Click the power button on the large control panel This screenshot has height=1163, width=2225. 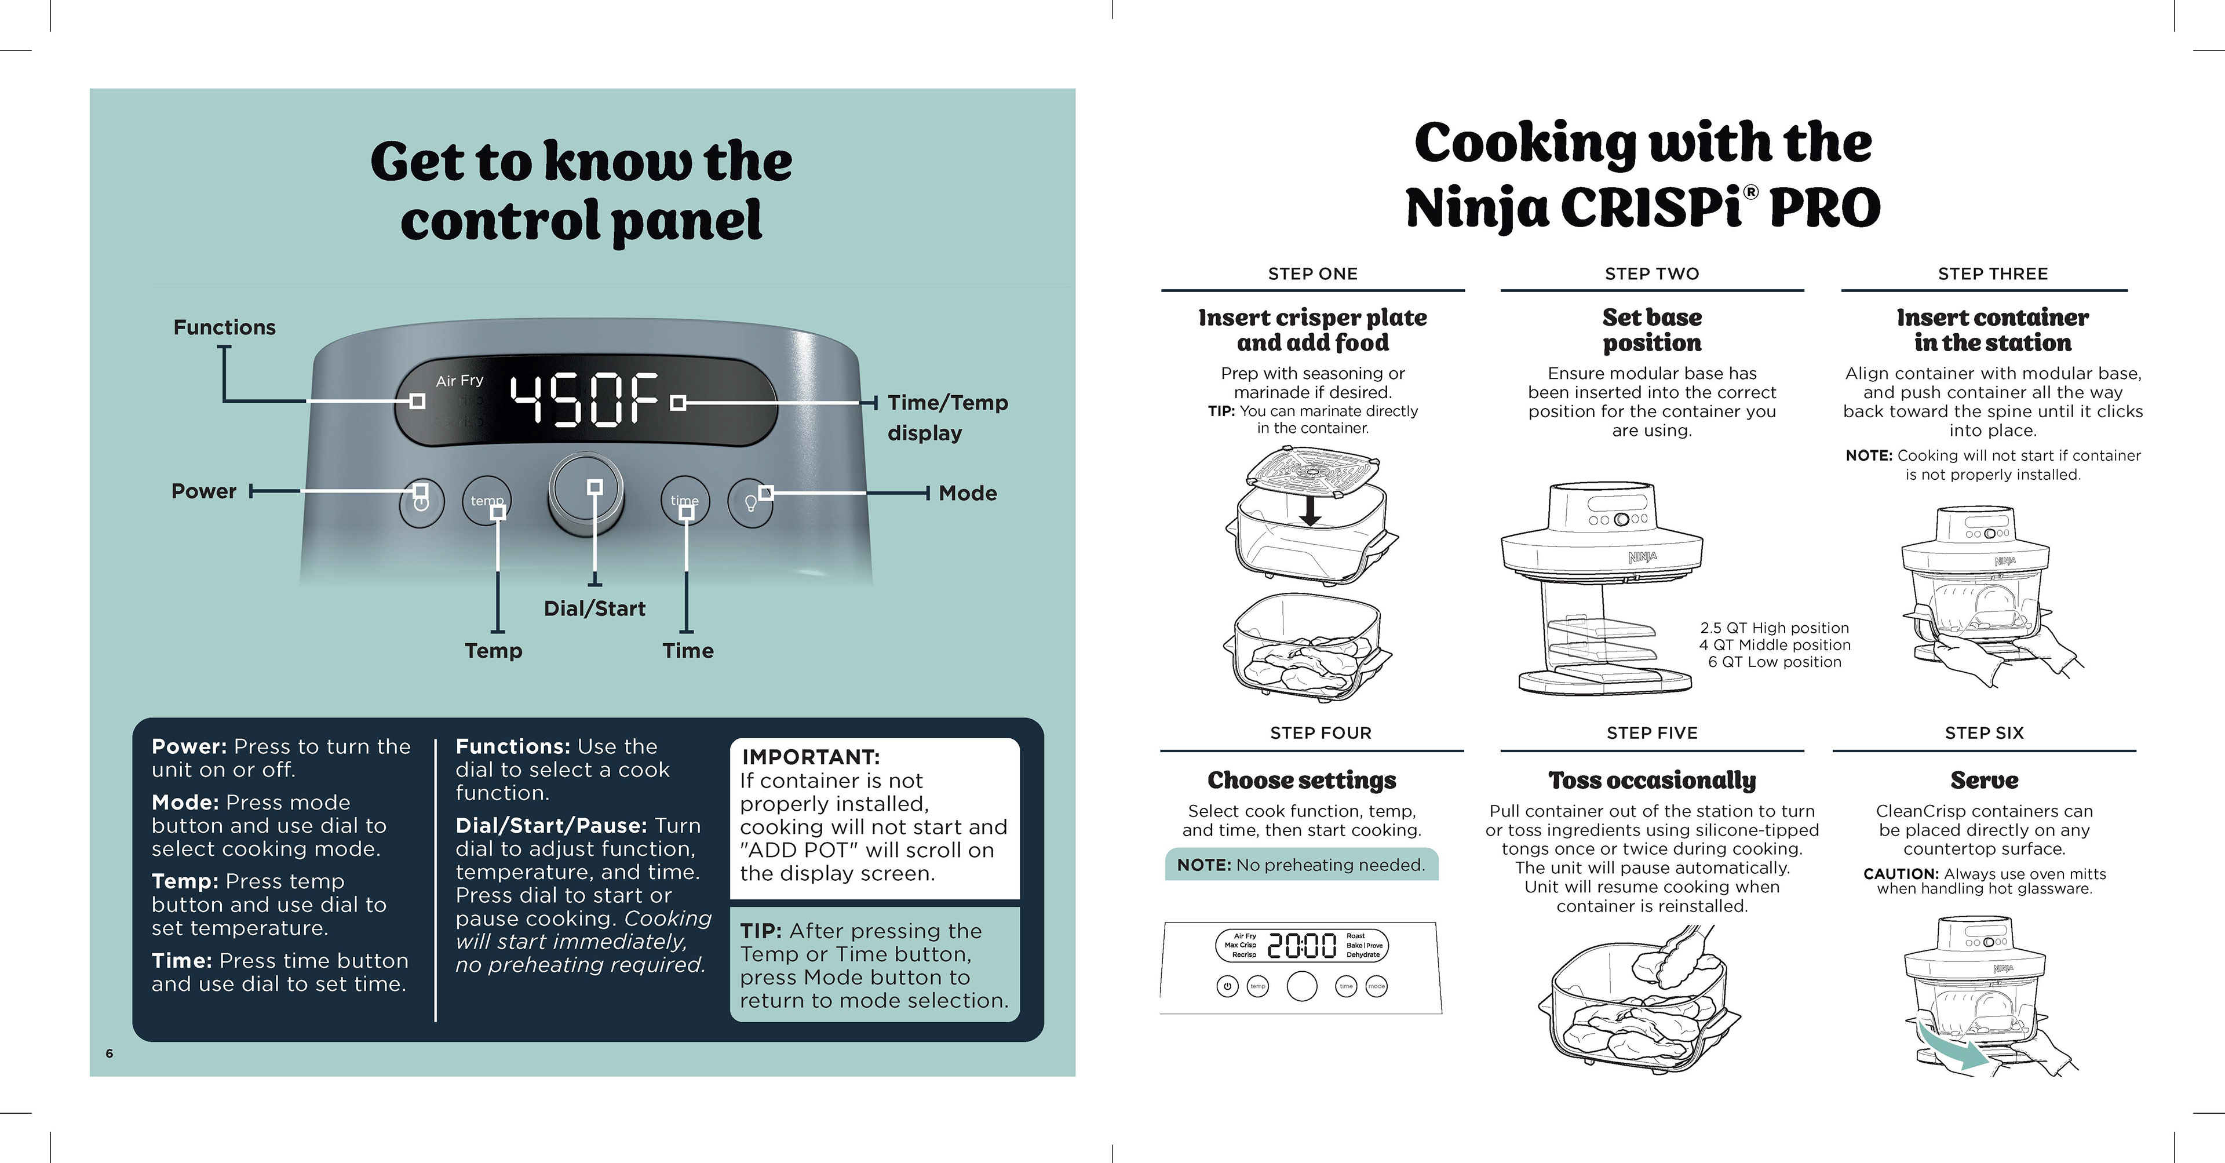[x=421, y=501]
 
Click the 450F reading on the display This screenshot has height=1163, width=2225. [x=585, y=400]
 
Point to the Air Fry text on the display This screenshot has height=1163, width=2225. [x=459, y=380]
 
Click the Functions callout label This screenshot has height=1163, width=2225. [x=225, y=327]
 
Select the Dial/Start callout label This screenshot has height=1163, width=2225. [x=594, y=608]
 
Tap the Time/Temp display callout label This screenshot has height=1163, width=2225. [x=947, y=417]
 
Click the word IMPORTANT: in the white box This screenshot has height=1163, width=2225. [x=810, y=757]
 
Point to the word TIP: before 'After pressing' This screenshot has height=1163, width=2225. [x=761, y=931]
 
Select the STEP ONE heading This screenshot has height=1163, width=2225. [x=1312, y=274]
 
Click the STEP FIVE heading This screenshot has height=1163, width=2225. [x=1651, y=732]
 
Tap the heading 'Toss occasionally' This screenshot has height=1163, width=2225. [x=1651, y=780]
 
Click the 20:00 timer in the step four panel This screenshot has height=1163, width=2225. [x=1301, y=946]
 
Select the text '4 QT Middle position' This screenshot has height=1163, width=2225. [x=1774, y=644]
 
